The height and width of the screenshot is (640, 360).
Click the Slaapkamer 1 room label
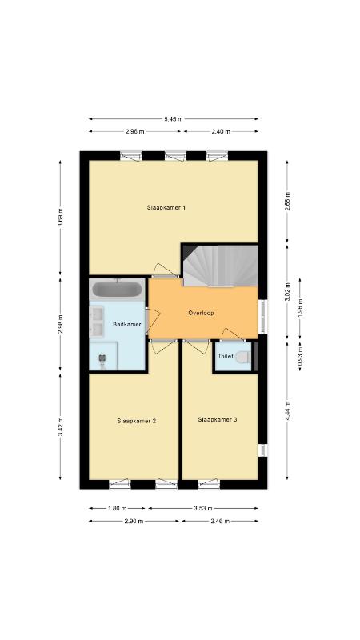[166, 207]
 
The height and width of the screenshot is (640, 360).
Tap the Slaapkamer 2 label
[136, 421]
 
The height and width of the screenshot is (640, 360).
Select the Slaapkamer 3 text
[218, 419]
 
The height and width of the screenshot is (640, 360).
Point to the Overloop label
[202, 313]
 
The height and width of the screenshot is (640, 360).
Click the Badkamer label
[127, 325]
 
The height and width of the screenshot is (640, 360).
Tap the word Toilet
[226, 356]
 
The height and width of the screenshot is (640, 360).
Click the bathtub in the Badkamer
[117, 290]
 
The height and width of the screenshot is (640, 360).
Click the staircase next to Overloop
[220, 266]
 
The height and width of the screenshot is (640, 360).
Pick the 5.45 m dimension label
[174, 119]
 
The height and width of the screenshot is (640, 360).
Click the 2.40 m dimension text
[221, 131]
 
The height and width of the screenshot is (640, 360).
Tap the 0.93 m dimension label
[300, 355]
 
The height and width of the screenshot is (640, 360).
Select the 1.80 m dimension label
[118, 509]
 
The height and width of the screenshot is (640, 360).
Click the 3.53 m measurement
[203, 509]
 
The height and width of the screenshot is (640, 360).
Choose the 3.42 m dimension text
[61, 427]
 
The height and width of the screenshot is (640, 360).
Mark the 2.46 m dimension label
[221, 522]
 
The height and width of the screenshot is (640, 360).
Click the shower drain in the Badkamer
[102, 358]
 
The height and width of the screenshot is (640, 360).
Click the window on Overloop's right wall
[263, 317]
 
